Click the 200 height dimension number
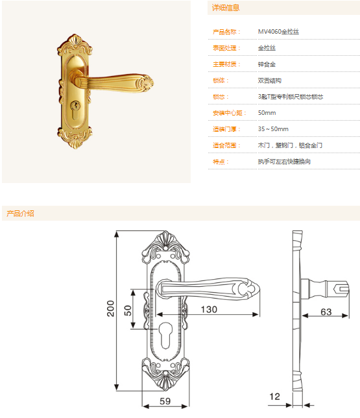point(110,308)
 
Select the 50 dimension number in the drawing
point(128,310)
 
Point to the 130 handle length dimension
point(209,310)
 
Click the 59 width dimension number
point(165,401)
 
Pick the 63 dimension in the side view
point(326,312)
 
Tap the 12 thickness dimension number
point(274,397)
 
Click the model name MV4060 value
point(278,32)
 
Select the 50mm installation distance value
point(267,113)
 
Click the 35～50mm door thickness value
point(273,129)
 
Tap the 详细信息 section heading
point(226,8)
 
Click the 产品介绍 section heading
point(20,214)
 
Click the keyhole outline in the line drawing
point(165,335)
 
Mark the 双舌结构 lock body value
point(270,80)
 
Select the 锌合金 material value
point(267,64)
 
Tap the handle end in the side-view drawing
point(341,288)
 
